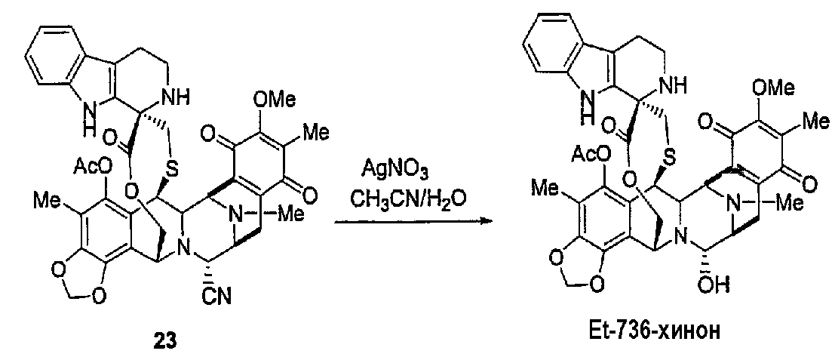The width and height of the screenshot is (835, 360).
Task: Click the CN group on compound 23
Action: coord(217,295)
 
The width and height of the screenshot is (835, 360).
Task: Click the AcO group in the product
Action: coord(591,155)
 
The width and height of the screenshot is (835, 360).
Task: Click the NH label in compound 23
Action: coord(191,97)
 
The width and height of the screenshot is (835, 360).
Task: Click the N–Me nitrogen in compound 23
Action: coord(233,215)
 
